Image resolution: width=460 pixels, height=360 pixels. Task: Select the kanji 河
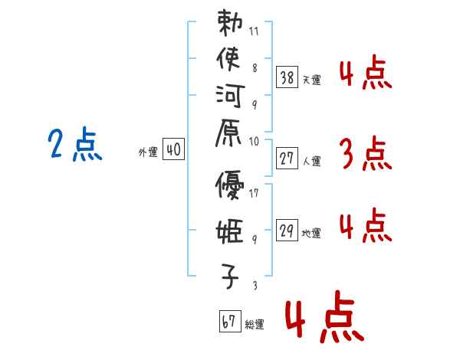(230, 96)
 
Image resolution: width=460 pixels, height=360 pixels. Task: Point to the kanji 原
(228, 133)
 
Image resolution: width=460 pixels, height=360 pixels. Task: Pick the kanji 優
(229, 185)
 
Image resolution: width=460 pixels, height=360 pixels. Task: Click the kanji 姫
(230, 231)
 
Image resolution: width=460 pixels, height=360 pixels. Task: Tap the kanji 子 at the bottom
(230, 276)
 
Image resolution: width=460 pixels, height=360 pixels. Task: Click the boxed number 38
(287, 77)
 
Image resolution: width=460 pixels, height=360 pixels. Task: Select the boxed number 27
(287, 159)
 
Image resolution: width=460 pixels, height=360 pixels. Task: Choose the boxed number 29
(287, 230)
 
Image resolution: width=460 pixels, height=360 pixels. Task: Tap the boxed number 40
(173, 149)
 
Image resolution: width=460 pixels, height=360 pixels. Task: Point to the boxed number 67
(230, 321)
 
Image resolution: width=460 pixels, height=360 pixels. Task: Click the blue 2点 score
(75, 144)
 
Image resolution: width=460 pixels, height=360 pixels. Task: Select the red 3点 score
(366, 153)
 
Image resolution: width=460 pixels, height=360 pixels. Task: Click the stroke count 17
(254, 193)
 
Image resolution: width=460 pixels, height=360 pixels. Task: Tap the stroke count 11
(254, 31)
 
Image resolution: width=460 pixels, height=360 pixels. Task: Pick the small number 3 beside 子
(255, 285)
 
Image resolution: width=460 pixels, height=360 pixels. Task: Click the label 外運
(148, 152)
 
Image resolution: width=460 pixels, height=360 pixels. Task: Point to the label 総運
(255, 324)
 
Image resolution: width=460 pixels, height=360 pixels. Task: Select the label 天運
(311, 80)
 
